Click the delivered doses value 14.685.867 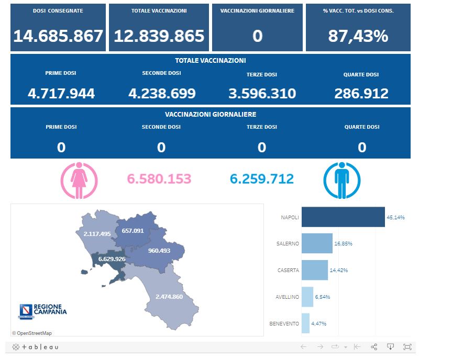tap(58, 36)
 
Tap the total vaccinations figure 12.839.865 tap(159, 36)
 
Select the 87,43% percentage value tap(358, 36)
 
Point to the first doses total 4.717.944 tap(61, 94)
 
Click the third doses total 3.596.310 tap(262, 94)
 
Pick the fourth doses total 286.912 tap(361, 94)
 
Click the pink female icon tap(79, 181)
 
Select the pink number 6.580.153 tap(159, 179)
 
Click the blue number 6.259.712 tap(262, 179)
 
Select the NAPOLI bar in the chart tap(343, 217)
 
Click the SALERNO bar tap(317, 244)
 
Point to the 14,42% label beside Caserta tap(338, 271)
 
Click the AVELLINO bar tap(307, 297)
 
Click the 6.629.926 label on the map tap(112, 259)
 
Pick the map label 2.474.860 tap(169, 297)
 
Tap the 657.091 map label tap(133, 231)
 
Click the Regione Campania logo tap(43, 310)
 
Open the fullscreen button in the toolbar tap(407, 347)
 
